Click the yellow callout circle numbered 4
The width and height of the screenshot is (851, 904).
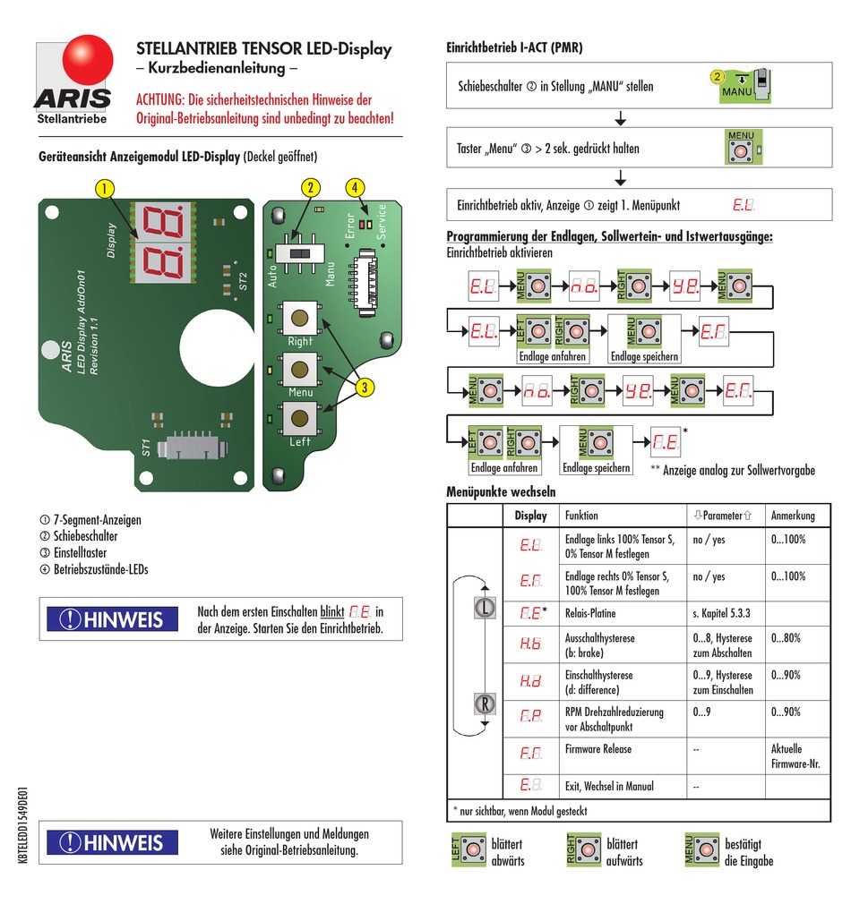tap(355, 187)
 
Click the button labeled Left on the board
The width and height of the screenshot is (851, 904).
tap(299, 418)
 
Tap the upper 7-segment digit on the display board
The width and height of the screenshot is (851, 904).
tap(164, 219)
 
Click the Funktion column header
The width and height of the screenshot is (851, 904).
tap(581, 516)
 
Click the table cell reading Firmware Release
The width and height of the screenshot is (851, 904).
tap(597, 749)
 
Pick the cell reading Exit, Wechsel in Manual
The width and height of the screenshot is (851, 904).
tap(608, 787)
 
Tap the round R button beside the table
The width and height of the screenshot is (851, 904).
tap(484, 704)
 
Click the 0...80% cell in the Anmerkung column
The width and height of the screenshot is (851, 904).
tap(786, 638)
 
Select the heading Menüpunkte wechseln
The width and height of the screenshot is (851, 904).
tap(501, 491)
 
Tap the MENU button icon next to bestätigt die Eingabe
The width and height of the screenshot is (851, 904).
tap(702, 851)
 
